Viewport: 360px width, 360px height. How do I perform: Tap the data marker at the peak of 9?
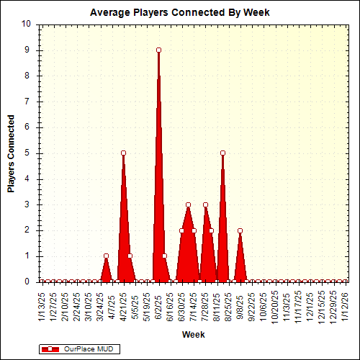point(158,50)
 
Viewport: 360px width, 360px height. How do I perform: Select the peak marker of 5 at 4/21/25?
point(124,153)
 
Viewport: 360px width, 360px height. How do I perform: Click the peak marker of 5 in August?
point(222,153)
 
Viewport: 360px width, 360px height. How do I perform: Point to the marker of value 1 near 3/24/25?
point(106,256)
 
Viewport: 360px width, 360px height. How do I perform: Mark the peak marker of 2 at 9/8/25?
point(240,230)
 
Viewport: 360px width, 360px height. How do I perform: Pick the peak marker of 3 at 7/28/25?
point(205,204)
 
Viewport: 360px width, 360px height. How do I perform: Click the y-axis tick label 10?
point(26,24)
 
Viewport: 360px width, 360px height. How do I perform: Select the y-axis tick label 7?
point(28,102)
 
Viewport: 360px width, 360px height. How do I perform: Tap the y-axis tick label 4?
point(28,179)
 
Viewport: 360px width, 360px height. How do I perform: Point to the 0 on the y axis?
point(28,282)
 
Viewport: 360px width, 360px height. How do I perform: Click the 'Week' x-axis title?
point(193,335)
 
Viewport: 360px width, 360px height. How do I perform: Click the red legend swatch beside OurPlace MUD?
point(51,349)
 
